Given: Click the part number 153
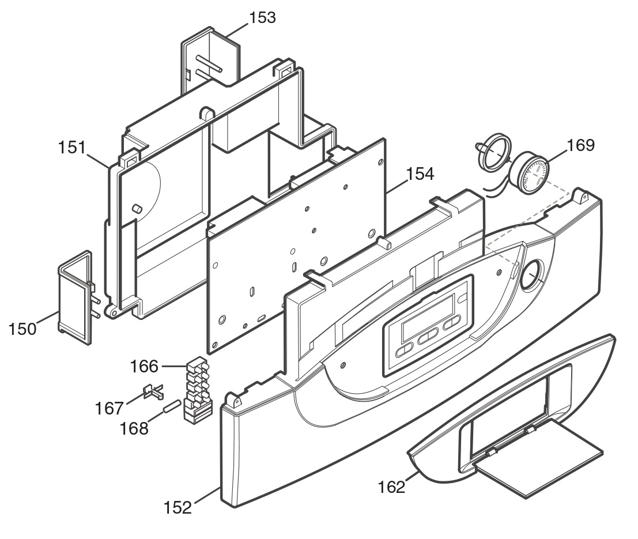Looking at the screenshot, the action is (262, 17).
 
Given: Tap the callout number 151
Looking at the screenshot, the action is (72, 148).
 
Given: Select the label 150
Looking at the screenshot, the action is (23, 329).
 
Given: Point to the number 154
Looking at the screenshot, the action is (420, 174).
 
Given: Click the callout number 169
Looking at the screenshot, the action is (580, 145).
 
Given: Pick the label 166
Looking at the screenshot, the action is (144, 367).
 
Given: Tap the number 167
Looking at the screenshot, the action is (109, 408).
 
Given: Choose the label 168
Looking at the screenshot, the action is (134, 428).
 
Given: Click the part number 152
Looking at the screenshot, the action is (178, 508).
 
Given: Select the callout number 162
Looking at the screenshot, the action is (391, 487).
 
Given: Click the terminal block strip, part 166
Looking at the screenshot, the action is (198, 390).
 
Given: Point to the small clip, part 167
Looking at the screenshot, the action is (153, 391).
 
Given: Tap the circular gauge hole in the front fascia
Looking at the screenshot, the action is (531, 275).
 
